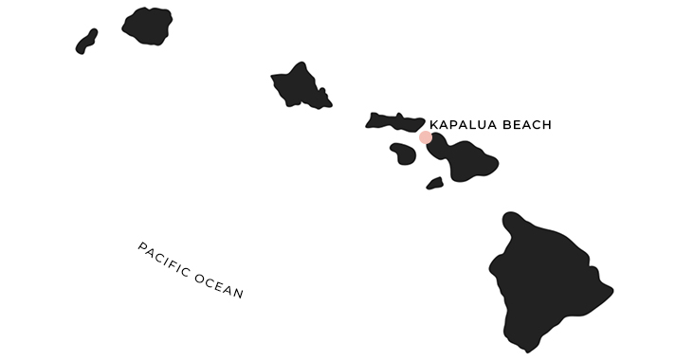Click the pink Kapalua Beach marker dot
426,137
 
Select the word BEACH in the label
528,124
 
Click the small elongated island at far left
86,41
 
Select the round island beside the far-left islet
147,26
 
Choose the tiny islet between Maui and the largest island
434,183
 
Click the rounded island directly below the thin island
402,152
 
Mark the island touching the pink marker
465,156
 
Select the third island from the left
300,86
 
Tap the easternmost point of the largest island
611,289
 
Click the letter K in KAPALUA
434,124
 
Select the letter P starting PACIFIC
142,248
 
